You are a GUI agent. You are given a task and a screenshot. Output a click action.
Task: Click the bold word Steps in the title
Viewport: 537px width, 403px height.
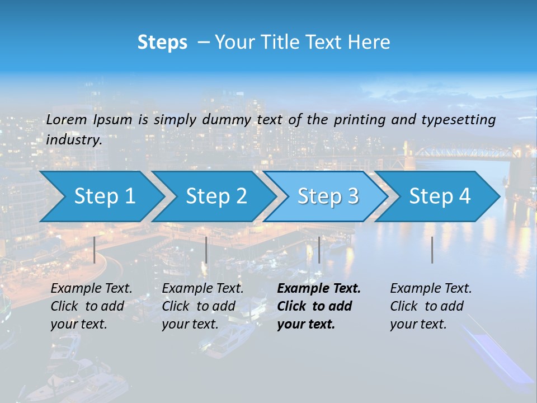point(162,43)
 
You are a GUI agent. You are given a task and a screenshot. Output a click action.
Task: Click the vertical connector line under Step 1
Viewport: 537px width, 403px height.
point(95,250)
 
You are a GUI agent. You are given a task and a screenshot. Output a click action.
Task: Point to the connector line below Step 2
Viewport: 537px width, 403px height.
point(206,250)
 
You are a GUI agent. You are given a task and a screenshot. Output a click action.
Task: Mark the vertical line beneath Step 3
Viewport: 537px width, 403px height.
point(319,250)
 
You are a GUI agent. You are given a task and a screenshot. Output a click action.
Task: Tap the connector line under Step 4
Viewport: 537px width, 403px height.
point(432,250)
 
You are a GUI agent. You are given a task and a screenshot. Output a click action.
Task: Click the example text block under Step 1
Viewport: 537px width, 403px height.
point(91,306)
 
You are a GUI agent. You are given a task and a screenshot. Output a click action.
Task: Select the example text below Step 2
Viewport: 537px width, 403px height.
point(202,306)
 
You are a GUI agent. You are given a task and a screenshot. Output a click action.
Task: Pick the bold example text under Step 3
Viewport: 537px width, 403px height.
point(318,306)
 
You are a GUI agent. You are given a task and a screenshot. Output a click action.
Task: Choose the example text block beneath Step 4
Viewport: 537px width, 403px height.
point(431,306)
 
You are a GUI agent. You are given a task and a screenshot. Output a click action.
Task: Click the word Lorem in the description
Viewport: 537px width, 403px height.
point(67,119)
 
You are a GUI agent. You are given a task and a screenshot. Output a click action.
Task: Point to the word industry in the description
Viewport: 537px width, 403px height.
point(74,139)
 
